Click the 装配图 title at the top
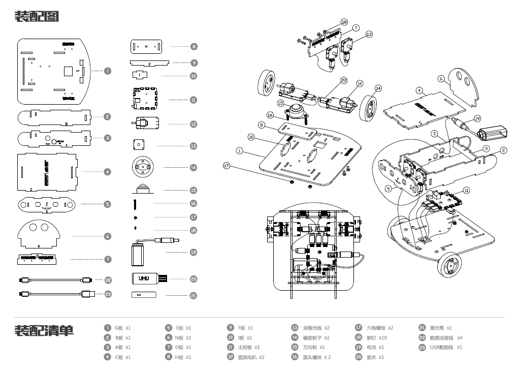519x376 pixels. coord(37,17)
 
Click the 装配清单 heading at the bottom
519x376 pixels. coord(44,331)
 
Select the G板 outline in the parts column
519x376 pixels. coord(53,70)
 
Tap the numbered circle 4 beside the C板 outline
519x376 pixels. coord(107,172)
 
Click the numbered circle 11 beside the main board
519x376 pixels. coord(193,100)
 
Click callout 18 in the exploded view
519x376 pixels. coord(344,22)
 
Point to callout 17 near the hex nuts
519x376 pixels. coord(226,165)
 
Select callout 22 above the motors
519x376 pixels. coord(344,80)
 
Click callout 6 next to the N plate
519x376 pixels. coord(441,79)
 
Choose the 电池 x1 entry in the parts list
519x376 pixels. coord(375,347)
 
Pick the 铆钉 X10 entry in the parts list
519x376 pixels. coord(376,337)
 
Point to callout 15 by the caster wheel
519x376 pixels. coord(280,103)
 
